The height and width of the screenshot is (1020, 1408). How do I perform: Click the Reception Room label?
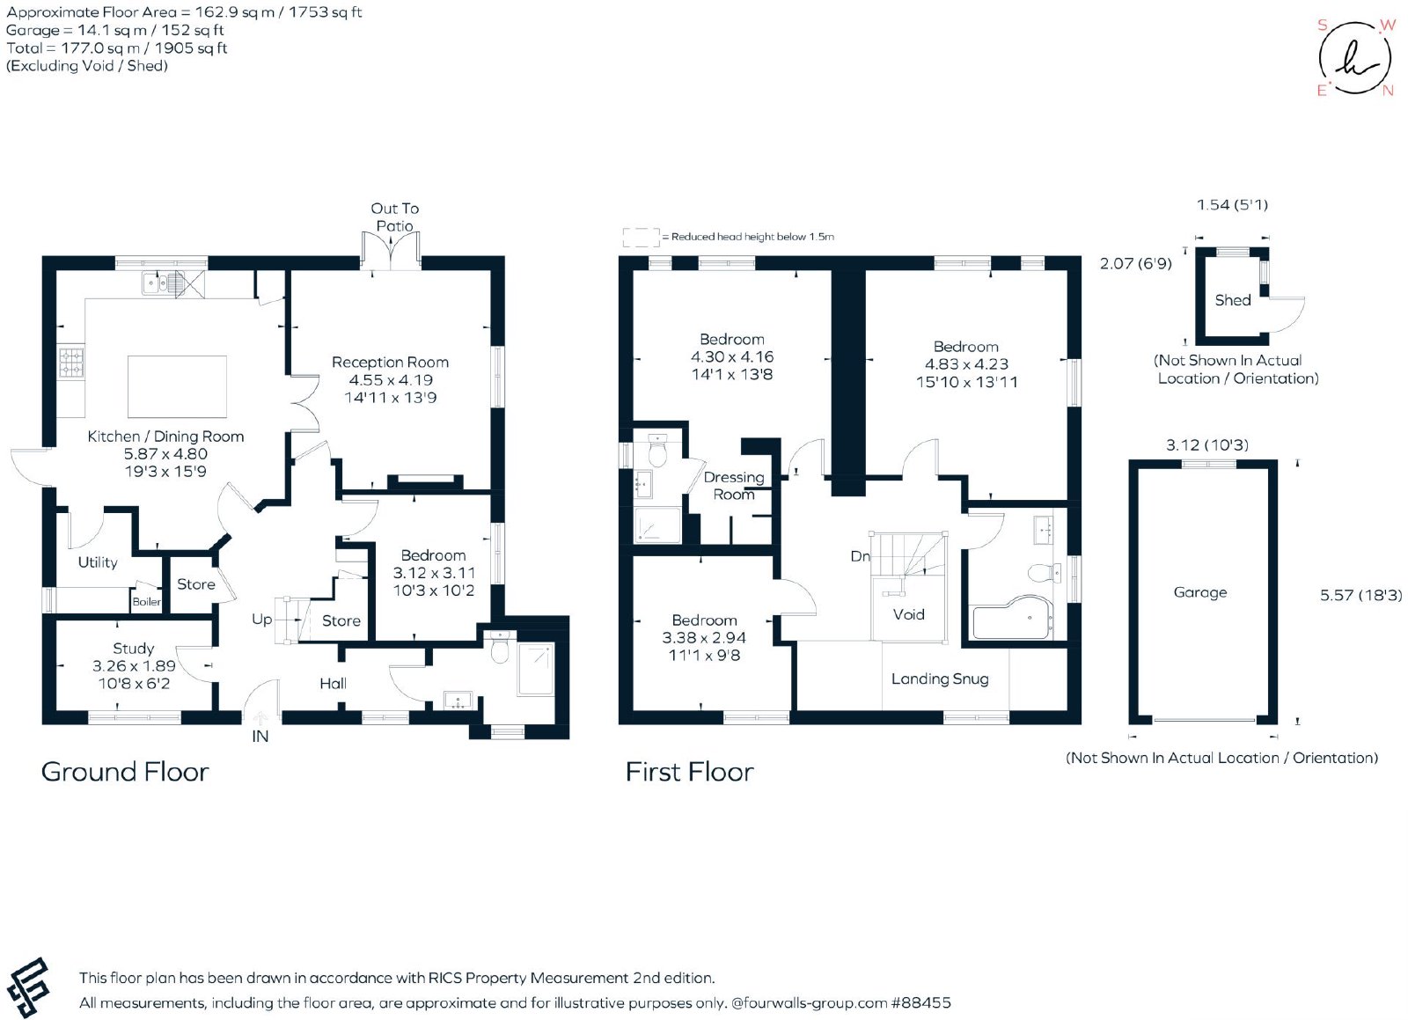coord(390,362)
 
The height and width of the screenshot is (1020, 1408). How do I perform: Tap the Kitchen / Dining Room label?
coord(165,437)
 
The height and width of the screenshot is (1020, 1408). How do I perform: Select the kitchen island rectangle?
coord(177,386)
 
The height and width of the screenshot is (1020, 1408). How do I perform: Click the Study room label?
coord(133,648)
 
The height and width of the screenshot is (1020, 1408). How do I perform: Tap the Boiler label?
coord(146,601)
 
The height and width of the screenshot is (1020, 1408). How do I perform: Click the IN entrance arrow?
coord(260,718)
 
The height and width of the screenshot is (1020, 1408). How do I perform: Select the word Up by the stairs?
coord(261,619)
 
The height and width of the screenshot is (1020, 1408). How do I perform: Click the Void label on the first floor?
coord(908,614)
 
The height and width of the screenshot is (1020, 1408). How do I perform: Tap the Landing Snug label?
coord(940,679)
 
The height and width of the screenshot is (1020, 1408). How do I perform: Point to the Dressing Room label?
coord(734,486)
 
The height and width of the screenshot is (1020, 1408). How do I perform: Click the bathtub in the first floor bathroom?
coord(1013,618)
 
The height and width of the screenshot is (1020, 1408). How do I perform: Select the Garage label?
coord(1200,592)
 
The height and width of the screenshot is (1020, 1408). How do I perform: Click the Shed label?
coord(1233,300)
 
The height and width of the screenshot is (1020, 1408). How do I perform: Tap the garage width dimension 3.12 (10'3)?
coord(1206,445)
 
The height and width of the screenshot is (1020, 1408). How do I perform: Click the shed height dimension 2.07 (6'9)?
coord(1136,263)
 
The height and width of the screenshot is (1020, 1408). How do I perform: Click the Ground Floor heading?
coord(124,772)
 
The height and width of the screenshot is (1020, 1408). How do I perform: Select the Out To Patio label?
coord(395,216)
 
